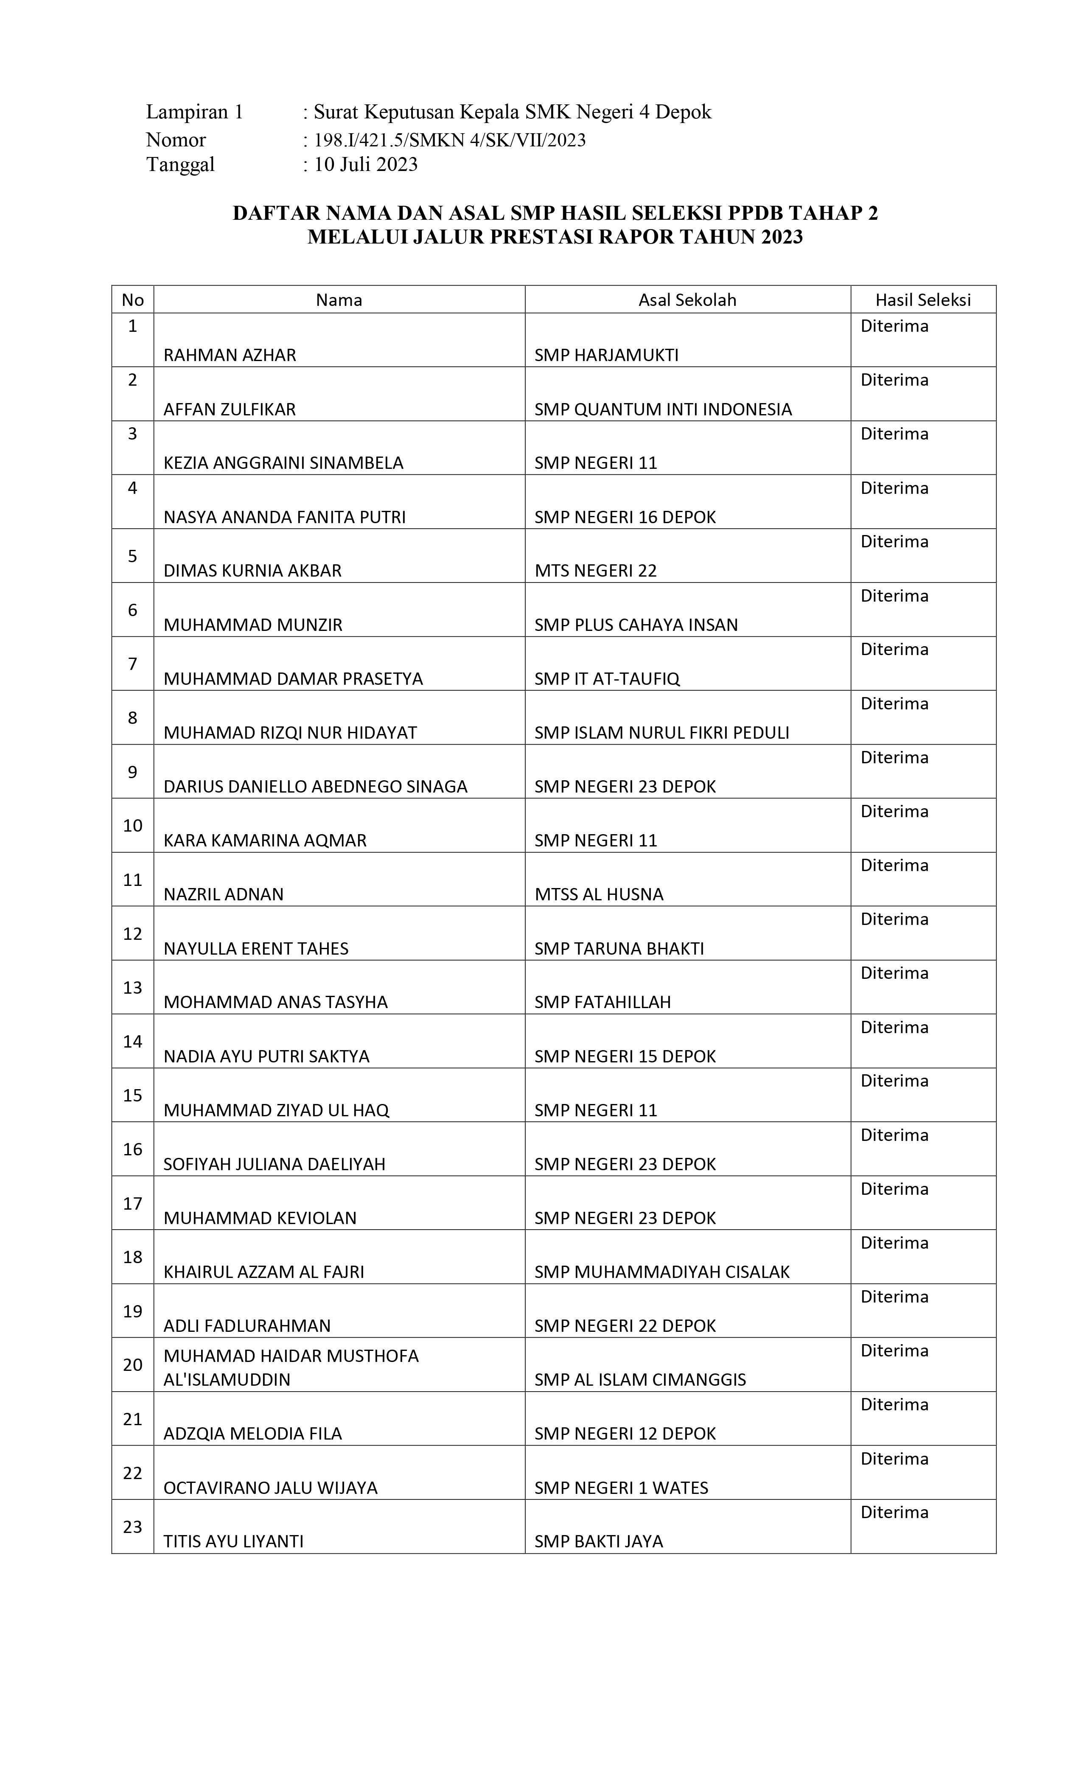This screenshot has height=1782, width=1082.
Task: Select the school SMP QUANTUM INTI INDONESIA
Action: (x=662, y=409)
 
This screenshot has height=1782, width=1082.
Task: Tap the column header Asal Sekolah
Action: (x=687, y=300)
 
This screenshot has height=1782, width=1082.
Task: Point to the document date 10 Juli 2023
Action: (x=365, y=165)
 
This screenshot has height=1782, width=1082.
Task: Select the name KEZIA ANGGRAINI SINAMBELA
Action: (x=283, y=463)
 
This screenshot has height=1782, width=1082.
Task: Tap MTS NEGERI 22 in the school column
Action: (x=595, y=571)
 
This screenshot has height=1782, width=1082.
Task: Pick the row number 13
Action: (x=132, y=987)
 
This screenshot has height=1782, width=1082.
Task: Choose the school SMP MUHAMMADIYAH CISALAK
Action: (x=662, y=1272)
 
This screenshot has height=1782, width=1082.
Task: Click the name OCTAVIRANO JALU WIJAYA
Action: (x=271, y=1488)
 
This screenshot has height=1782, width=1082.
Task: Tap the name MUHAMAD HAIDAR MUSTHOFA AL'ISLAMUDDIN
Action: (x=291, y=1367)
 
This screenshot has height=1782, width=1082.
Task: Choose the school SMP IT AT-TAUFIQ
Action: (x=607, y=678)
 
